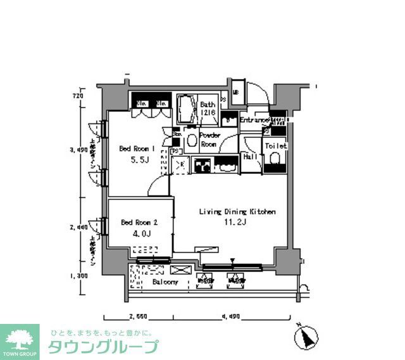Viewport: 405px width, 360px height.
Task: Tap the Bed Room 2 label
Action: (138, 222)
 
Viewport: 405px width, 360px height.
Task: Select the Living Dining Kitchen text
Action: (237, 212)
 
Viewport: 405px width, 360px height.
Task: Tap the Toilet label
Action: (276, 146)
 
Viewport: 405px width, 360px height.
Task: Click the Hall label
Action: (249, 157)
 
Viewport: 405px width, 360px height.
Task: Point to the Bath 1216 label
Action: (208, 108)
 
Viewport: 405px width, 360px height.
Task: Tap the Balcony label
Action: (165, 282)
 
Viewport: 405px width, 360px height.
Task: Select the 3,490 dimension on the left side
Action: (78, 150)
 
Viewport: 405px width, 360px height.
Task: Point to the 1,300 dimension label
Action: (78, 276)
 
